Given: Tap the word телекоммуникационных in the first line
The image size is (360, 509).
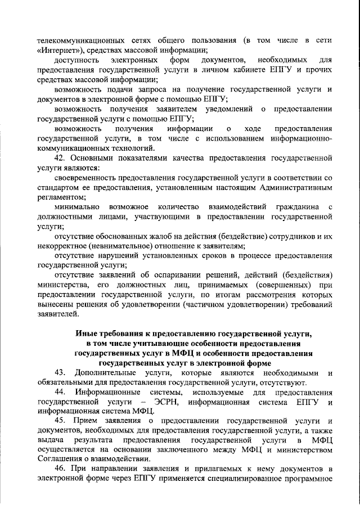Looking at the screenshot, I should (x=77, y=40).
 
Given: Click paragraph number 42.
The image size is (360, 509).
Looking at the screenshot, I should (x=60, y=158).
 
